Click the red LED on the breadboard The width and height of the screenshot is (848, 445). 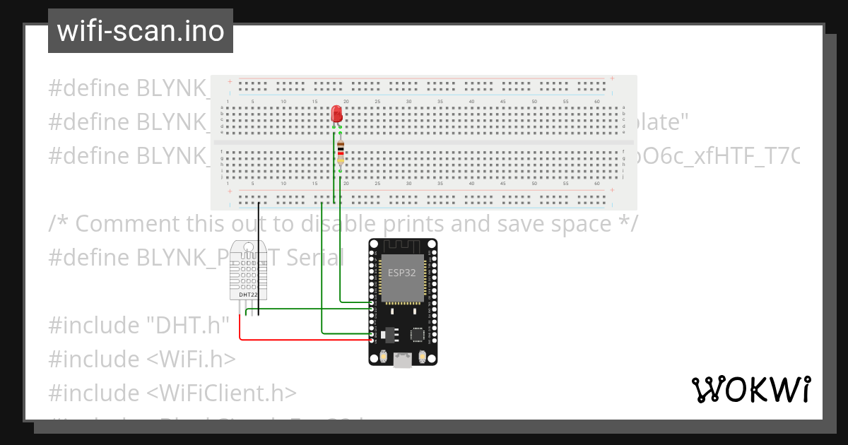pyautogui.click(x=337, y=114)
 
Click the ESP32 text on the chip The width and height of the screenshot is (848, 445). pyautogui.click(x=402, y=273)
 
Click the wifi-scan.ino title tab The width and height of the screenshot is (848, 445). pyautogui.click(x=141, y=31)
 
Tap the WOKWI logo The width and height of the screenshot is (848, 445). pyautogui.click(x=750, y=389)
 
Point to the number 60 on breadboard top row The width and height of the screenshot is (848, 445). pyautogui.click(x=597, y=102)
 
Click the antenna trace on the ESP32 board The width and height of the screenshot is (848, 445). pyautogui.click(x=403, y=247)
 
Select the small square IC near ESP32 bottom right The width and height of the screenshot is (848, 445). pyautogui.click(x=418, y=334)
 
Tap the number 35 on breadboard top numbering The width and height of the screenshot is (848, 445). pyautogui.click(x=440, y=102)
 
